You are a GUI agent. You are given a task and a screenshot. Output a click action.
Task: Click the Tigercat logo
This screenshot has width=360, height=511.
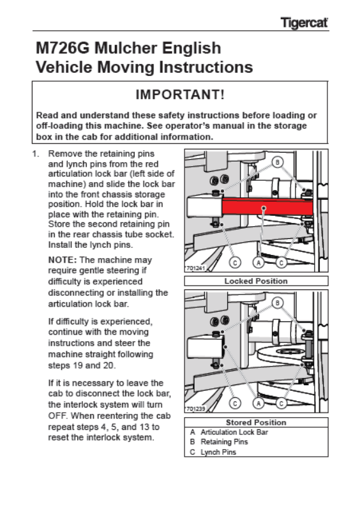(304, 23)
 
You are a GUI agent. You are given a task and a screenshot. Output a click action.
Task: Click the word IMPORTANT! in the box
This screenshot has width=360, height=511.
(180, 95)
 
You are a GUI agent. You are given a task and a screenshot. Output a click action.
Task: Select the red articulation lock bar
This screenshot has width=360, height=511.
(267, 206)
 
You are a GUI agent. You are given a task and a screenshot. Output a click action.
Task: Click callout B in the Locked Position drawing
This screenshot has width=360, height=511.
(277, 162)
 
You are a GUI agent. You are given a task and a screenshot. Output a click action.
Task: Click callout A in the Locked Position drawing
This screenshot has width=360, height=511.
(259, 263)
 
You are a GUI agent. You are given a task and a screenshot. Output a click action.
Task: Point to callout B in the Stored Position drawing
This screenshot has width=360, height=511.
(277, 303)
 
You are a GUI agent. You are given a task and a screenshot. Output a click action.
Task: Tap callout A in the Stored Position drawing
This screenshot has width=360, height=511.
(259, 404)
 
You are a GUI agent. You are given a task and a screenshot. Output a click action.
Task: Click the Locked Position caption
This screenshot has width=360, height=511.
(256, 281)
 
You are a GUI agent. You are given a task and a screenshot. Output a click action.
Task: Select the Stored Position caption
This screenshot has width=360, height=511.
(256, 422)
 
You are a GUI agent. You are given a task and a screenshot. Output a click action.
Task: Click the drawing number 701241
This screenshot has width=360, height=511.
(196, 268)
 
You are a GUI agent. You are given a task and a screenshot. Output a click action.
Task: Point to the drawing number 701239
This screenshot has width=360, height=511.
(196, 409)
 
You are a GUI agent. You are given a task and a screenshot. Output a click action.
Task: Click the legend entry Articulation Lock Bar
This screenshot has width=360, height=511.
(234, 432)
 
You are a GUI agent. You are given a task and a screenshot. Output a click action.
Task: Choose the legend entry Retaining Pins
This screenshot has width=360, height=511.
(224, 442)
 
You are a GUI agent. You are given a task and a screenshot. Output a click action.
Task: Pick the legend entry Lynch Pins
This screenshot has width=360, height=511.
(218, 452)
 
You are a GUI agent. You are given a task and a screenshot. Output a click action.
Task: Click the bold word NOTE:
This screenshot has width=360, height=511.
(63, 260)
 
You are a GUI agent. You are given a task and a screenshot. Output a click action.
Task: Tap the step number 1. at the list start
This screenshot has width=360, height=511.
(36, 154)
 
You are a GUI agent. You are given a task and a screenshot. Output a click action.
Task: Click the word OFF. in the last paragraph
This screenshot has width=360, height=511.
(58, 416)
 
